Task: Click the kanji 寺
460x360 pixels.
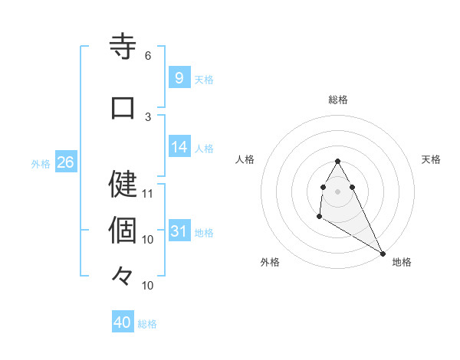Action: click(x=123, y=47)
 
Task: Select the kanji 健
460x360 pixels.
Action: click(x=123, y=183)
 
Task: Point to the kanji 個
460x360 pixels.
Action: click(x=123, y=229)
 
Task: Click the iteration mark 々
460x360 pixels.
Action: click(x=123, y=275)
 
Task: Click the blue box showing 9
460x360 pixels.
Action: click(x=179, y=77)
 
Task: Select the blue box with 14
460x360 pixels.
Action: click(x=179, y=147)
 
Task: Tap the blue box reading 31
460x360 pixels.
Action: click(x=179, y=231)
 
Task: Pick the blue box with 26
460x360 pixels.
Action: click(x=65, y=162)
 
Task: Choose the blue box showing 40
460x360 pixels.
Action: click(x=123, y=322)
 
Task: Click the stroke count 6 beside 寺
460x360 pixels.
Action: click(x=147, y=56)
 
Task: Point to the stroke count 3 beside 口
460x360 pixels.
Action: click(x=147, y=116)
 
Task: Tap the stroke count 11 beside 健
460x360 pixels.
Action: click(x=148, y=193)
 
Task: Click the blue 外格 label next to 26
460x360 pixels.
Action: click(x=41, y=163)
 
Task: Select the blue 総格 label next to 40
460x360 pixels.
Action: click(x=147, y=324)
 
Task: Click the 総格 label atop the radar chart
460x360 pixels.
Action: click(x=338, y=100)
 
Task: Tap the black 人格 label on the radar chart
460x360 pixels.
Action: click(x=245, y=159)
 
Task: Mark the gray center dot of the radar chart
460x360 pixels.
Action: click(x=338, y=191)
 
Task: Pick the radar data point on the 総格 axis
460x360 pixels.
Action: click(x=338, y=161)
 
